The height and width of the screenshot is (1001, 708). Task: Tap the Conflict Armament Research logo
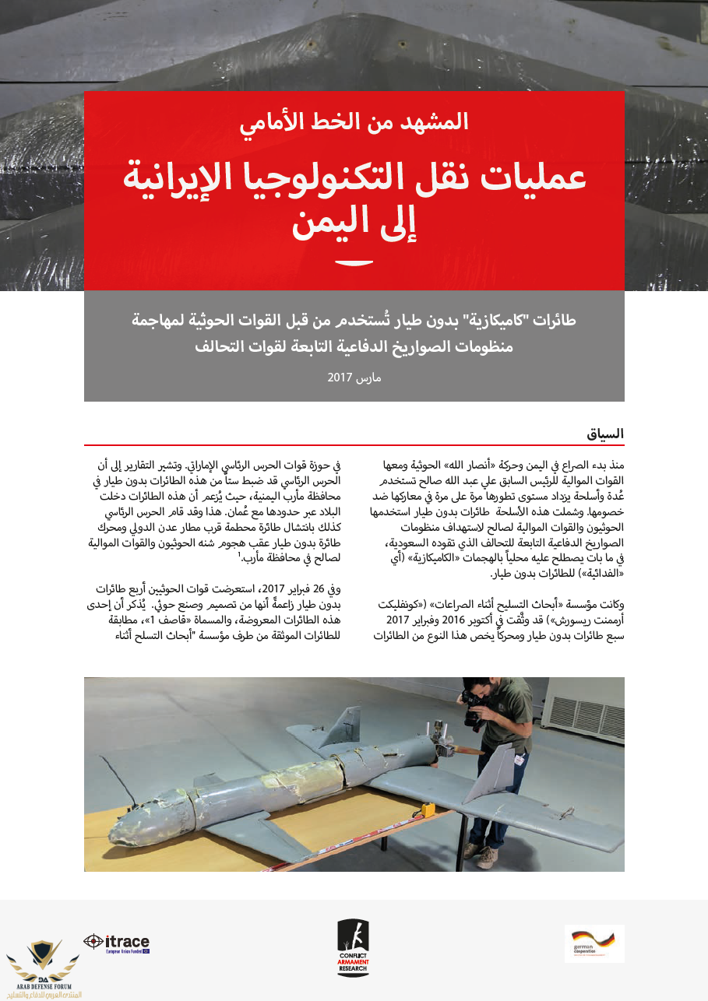(x=353, y=947)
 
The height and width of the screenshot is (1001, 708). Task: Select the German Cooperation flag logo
(x=594, y=943)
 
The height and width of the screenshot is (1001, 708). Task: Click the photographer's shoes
(x=481, y=855)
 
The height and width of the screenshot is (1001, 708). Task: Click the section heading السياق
(x=605, y=434)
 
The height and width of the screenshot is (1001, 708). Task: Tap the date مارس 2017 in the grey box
(x=354, y=378)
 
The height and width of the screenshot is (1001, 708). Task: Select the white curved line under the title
(x=354, y=262)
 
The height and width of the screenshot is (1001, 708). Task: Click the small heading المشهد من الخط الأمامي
(x=354, y=121)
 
